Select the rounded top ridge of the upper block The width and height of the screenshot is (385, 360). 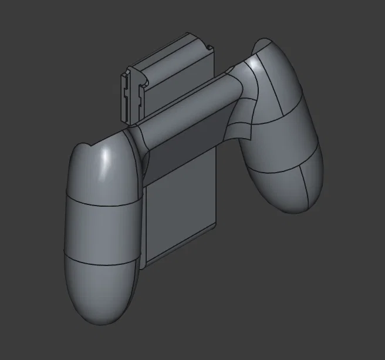[x=170, y=47]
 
